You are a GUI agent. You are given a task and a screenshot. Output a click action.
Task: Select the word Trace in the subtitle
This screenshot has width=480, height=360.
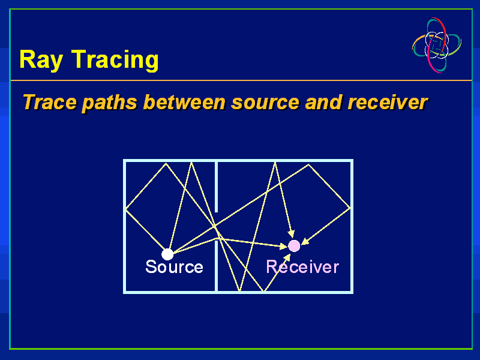click(50, 102)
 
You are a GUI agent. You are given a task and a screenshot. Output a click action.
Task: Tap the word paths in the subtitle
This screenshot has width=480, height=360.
click(109, 103)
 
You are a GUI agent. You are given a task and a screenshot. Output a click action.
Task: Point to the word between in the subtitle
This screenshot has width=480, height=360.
click(184, 102)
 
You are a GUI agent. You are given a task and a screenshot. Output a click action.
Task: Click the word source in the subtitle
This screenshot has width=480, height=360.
click(265, 103)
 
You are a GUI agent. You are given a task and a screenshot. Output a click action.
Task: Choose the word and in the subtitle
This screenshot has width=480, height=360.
click(323, 102)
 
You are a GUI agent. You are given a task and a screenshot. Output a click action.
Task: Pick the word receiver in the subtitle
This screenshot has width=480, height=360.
click(388, 102)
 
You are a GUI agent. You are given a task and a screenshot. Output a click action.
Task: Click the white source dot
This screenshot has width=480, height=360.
click(167, 254)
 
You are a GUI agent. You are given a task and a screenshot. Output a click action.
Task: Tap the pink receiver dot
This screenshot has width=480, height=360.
click(294, 246)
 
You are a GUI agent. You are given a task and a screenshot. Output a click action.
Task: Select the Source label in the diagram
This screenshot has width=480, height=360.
click(174, 266)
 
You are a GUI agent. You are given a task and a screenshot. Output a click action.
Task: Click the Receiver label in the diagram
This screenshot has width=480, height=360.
click(302, 266)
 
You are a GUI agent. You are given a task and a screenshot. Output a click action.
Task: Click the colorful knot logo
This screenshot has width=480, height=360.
click(437, 45)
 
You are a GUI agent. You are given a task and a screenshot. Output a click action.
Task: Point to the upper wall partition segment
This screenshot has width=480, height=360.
click(217, 187)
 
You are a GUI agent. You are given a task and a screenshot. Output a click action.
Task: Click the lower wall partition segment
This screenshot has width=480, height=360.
click(217, 266)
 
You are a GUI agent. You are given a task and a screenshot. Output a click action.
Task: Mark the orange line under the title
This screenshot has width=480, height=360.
click(241, 80)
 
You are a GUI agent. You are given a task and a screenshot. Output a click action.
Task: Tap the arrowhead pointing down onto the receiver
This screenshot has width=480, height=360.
click(292, 234)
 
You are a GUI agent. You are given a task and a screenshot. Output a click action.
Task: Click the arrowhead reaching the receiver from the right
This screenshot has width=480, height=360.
click(305, 242)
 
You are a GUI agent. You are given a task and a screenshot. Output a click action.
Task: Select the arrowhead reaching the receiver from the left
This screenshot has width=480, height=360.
click(283, 246)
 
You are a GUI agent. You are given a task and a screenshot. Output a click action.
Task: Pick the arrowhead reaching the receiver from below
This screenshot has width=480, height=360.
click(287, 258)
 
